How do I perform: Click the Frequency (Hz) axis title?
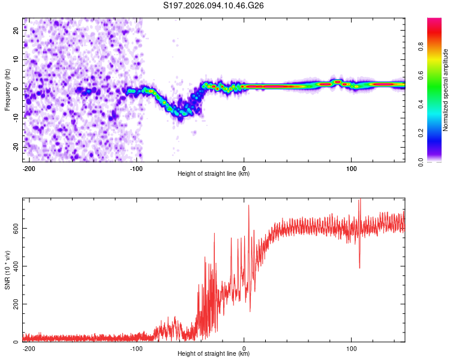point(7,89)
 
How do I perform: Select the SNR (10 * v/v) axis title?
point(7,269)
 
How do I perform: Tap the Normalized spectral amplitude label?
point(445,90)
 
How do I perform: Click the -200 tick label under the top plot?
point(29,167)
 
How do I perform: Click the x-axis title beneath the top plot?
point(214,174)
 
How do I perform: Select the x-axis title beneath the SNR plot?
point(214,354)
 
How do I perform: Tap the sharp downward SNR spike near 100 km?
point(359,267)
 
